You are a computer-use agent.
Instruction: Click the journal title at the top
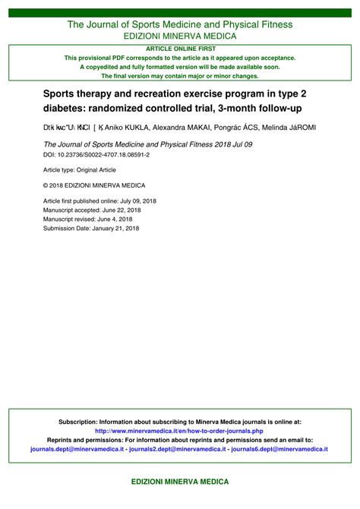(180, 24)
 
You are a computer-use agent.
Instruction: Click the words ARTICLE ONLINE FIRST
(180, 48)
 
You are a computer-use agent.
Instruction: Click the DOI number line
(96, 153)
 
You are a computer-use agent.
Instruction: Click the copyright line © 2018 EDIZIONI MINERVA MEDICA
(94, 185)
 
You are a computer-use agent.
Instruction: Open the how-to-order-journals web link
(180, 431)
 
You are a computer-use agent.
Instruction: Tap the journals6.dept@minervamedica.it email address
(279, 449)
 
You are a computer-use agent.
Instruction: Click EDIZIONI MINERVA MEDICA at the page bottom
(180, 482)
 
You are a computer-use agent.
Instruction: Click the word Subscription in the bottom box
(79, 421)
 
